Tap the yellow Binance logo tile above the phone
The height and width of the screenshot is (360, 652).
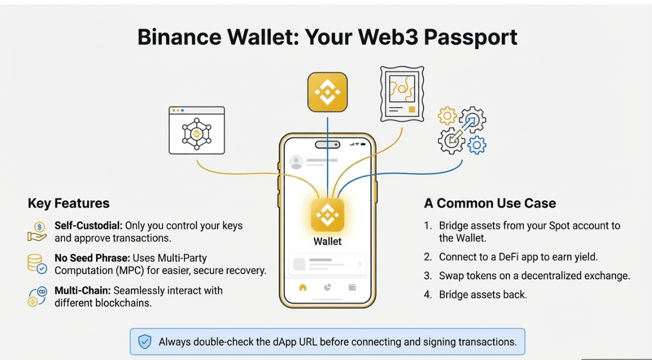coord(327,92)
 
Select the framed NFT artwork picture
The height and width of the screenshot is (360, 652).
coord(401,93)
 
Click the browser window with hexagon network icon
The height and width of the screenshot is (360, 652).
coord(197,130)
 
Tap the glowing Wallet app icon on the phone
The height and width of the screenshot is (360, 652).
coord(327,215)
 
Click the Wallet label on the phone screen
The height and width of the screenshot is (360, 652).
coord(327,241)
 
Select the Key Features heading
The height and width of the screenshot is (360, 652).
coord(68,204)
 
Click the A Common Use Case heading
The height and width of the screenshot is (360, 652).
coord(490,204)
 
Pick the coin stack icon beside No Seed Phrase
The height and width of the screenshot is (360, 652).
coord(37,264)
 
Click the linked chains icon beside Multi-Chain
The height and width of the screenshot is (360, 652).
coord(37,296)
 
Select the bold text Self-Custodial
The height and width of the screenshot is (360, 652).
coord(88,226)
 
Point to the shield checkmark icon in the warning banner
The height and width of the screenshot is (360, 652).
coord(145,342)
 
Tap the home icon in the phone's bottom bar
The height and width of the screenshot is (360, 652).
coord(302,287)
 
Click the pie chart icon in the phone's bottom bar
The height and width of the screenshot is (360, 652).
coord(328,287)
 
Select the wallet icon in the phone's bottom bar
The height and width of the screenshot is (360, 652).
coord(352,287)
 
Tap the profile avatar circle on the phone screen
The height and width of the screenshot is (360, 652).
coord(296,162)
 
